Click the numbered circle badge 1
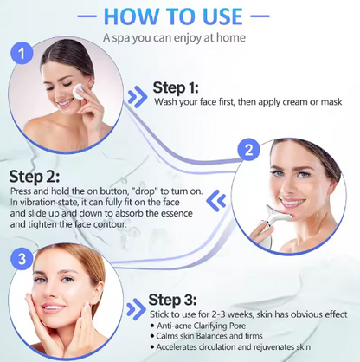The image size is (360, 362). click(x=22, y=54)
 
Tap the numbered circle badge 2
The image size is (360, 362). click(x=248, y=150)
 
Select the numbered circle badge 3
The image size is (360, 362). click(x=22, y=259)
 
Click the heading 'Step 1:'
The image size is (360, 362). click(x=176, y=87)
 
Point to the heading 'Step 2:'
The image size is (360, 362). click(x=35, y=177)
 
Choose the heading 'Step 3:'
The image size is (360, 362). click(x=172, y=300)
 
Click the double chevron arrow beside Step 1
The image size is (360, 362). click(x=138, y=97)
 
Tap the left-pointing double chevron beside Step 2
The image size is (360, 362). click(x=216, y=200)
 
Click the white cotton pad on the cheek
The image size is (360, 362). click(x=78, y=91)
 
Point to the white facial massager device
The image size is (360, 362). click(x=271, y=226)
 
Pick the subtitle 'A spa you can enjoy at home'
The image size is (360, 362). click(x=174, y=37)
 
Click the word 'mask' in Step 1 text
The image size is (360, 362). click(x=331, y=102)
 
